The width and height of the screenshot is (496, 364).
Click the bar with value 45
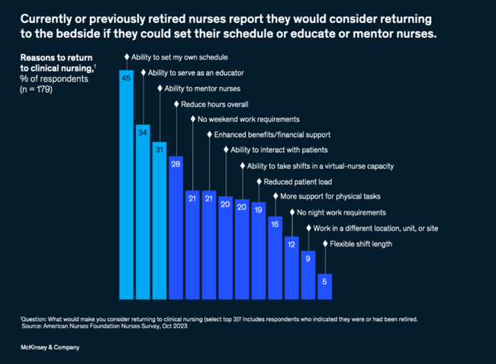127,183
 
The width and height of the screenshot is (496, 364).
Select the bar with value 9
308,275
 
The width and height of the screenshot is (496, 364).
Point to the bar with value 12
291,267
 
